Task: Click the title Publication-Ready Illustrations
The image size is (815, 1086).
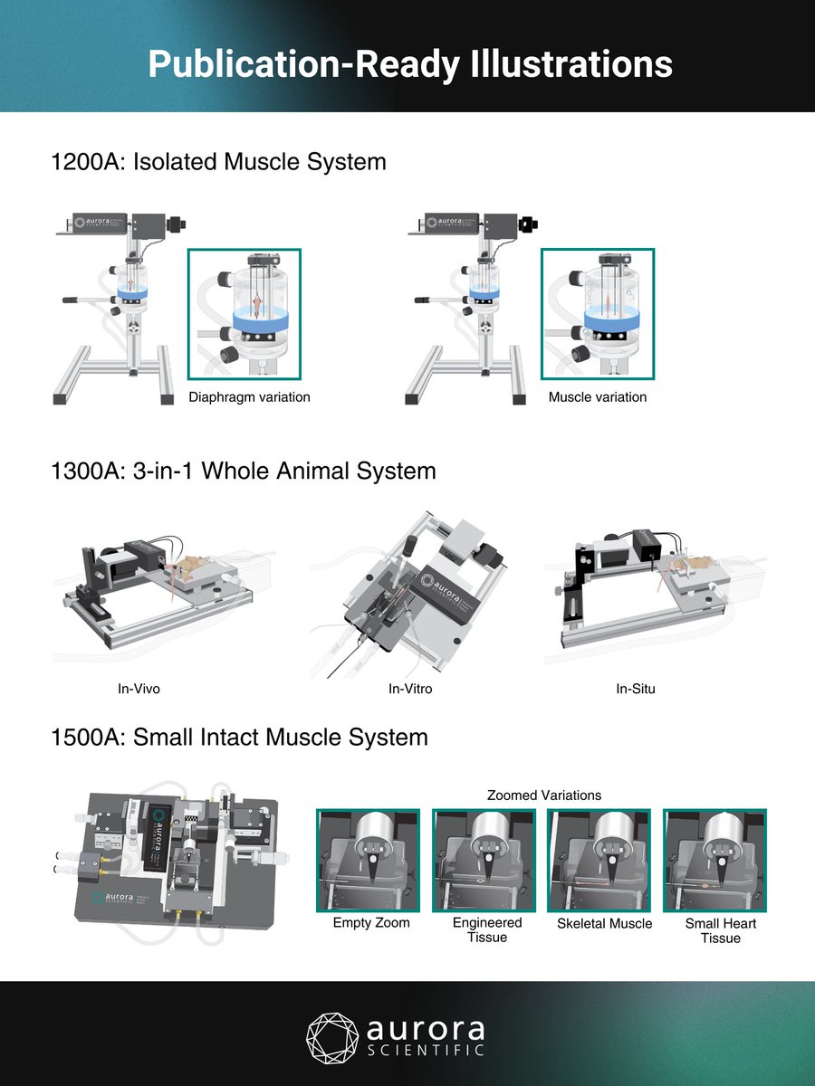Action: [409, 64]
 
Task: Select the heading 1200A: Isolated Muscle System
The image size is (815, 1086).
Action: [218, 162]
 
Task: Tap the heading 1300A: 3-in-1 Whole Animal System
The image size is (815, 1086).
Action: [244, 472]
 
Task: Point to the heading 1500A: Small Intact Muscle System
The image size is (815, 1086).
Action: [239, 738]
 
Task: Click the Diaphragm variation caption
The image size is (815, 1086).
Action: [249, 396]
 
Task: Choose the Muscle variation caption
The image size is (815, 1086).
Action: [598, 396]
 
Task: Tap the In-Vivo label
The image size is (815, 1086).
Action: [139, 689]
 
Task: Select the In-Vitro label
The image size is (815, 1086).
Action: [410, 689]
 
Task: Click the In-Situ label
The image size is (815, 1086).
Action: [636, 689]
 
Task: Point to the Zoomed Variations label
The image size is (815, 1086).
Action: [543, 795]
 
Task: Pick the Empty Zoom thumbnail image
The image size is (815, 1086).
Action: [368, 861]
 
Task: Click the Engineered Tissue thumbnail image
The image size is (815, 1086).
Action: [485, 861]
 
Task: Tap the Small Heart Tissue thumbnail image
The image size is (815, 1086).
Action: [715, 861]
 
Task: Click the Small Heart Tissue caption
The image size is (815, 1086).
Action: [720, 930]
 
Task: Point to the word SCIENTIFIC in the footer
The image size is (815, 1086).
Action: [425, 1050]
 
